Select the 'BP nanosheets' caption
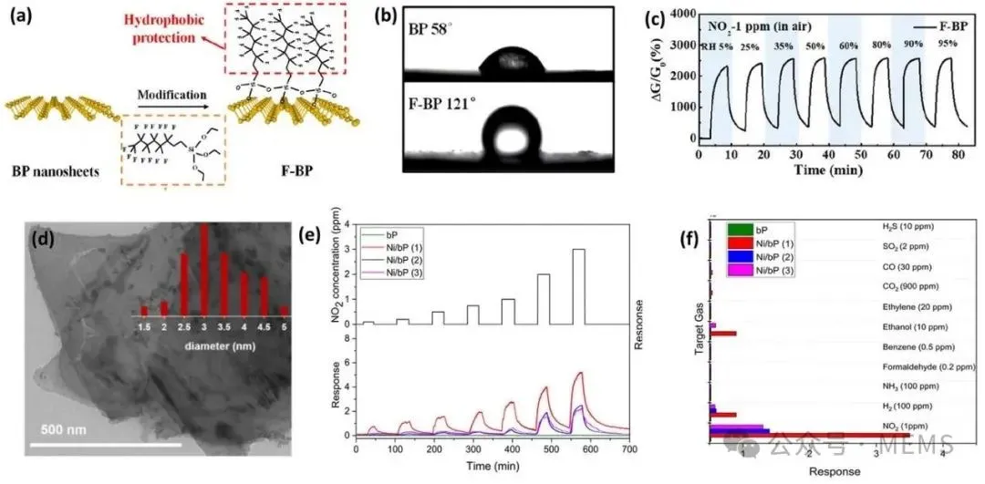58,171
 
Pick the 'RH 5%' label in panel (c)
712,46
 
